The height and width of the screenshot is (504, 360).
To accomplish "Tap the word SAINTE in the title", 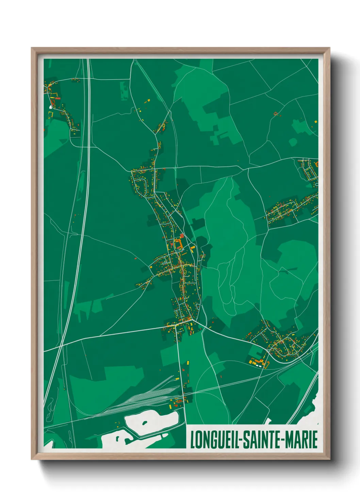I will coord(261,439).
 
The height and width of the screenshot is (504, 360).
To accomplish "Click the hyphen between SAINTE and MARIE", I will coord(282,440).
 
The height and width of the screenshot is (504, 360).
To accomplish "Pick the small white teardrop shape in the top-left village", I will coord(51,107).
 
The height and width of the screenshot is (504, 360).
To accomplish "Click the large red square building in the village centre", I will coord(182,235).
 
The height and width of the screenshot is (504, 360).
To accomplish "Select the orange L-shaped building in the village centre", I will coord(177,244).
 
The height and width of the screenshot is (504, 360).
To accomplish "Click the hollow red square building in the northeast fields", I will coord(276,113).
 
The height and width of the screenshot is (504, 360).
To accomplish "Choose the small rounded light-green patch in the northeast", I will coord(292,142).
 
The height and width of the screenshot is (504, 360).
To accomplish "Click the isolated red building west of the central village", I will coord(135,258).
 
